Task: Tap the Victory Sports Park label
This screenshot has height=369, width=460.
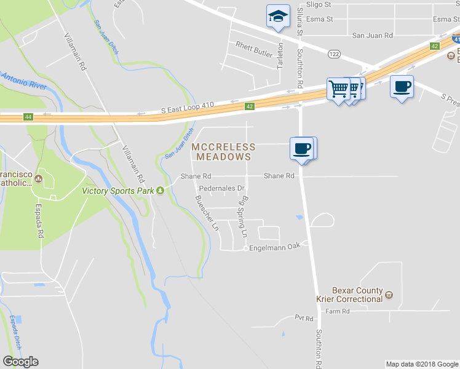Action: pos(118,190)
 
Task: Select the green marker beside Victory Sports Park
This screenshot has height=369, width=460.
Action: pos(161,190)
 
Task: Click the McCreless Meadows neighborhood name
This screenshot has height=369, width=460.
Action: pos(223,152)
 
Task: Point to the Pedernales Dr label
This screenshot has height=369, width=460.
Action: pos(222,188)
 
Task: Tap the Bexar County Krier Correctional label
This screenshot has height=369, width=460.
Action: pos(349,295)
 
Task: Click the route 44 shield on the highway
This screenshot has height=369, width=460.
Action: pos(28,117)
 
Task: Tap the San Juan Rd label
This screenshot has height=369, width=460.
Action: pos(372,36)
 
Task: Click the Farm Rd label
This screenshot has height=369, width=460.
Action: pos(338,311)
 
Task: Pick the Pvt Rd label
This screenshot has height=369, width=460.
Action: pos(304,319)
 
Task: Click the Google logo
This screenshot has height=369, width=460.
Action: pos(20,362)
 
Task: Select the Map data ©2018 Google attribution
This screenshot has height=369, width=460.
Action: pos(421,364)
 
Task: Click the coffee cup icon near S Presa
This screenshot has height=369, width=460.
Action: pos(402,87)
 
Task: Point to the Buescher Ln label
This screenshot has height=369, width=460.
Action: pos(206,212)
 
